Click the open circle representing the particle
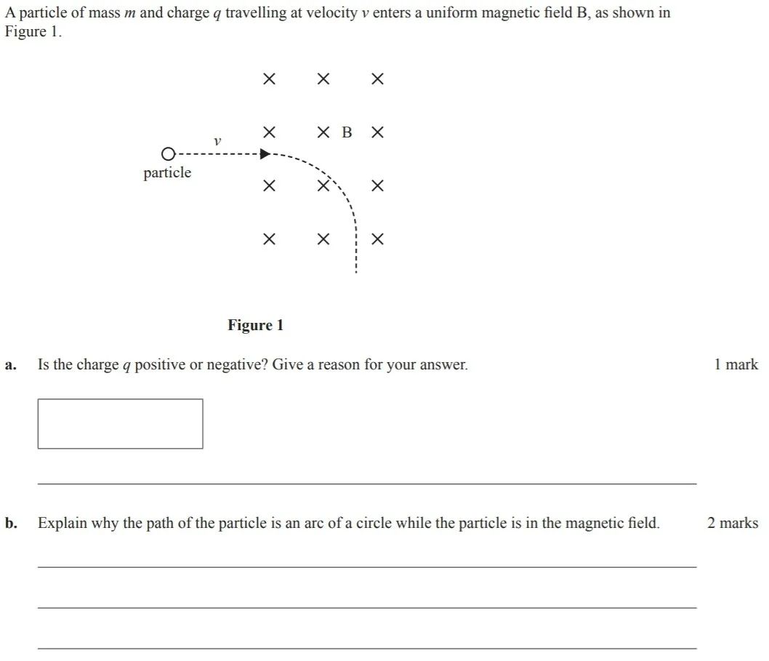point(168,154)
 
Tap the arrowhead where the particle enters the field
point(265,154)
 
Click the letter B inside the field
point(347,132)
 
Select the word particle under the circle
point(167,173)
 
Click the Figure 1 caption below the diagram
point(256,325)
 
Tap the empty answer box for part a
point(120,423)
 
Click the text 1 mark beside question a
point(736,364)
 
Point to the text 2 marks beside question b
point(732,523)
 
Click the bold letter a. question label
point(9,365)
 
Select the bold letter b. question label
point(10,523)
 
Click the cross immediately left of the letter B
point(323,132)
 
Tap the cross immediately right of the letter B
point(377,132)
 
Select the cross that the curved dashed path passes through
point(323,185)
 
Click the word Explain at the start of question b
point(63,524)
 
